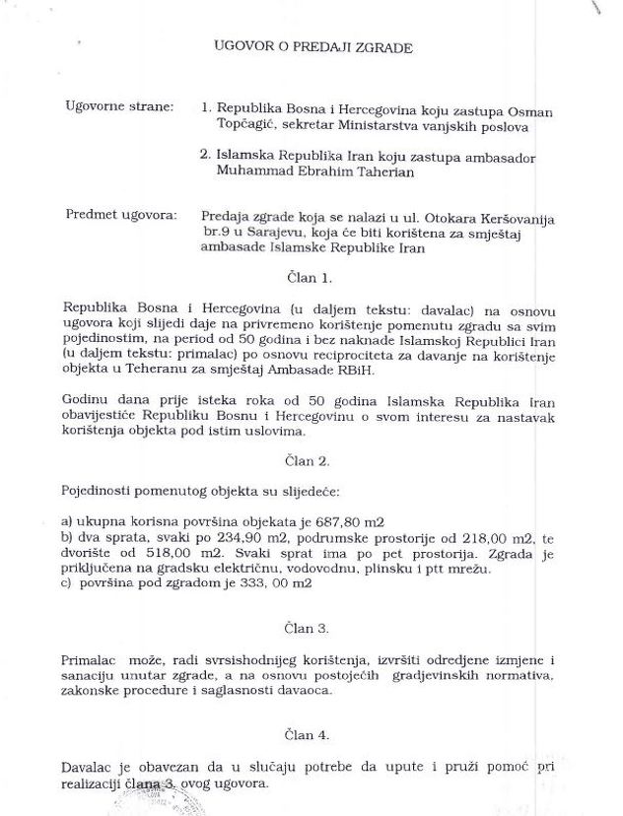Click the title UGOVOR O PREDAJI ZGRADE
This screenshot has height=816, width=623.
(312, 46)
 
